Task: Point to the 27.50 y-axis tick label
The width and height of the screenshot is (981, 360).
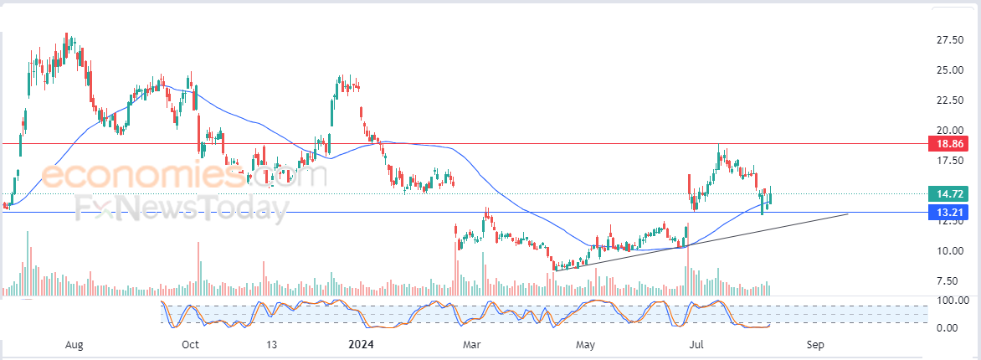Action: click(949, 40)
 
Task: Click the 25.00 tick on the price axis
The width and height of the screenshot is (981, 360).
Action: click(949, 70)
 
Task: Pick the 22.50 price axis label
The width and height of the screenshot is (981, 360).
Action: click(949, 100)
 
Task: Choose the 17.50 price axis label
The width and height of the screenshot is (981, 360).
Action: click(949, 161)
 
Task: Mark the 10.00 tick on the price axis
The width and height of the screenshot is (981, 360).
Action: click(949, 251)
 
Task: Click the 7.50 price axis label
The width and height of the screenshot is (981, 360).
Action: click(952, 281)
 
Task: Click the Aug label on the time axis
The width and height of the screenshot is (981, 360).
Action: click(74, 344)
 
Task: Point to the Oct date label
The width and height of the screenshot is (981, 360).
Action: click(190, 344)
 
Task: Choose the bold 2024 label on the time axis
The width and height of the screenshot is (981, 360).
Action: click(361, 344)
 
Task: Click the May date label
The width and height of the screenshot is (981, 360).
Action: click(585, 344)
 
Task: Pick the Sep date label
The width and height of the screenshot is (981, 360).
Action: click(814, 344)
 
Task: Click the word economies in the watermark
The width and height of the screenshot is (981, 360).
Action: click(143, 175)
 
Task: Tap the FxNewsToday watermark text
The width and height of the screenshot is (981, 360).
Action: click(182, 208)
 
